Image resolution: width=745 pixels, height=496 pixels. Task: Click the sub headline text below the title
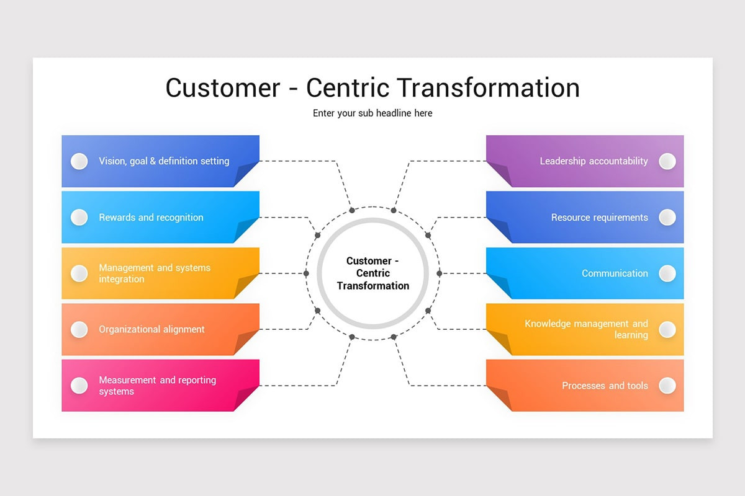[x=372, y=113]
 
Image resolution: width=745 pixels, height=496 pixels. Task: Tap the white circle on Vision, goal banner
[x=79, y=161]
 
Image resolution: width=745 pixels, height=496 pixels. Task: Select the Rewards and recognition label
[x=151, y=218]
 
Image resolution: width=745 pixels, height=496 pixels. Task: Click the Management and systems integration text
[x=155, y=273]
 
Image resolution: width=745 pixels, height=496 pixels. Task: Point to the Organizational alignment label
[x=151, y=329]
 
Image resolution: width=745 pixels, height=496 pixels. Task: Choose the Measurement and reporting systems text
[x=157, y=386]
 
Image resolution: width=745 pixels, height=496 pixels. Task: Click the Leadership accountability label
[x=594, y=161]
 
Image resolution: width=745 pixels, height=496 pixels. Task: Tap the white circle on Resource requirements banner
[x=667, y=217]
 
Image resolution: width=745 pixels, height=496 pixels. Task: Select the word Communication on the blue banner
[x=615, y=273]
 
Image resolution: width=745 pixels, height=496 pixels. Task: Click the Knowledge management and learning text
[x=586, y=329]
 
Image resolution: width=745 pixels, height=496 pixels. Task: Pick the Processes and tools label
[x=605, y=386]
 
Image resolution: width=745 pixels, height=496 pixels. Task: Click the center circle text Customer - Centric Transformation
[x=372, y=273]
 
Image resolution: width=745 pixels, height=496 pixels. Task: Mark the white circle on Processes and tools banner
[x=667, y=386]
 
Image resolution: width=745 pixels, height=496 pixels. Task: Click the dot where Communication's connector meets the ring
[x=439, y=273]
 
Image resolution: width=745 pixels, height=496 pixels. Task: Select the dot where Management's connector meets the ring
[x=306, y=273]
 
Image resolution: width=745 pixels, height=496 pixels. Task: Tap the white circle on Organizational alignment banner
[x=79, y=329]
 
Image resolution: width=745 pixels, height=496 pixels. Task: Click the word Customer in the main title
[x=223, y=87]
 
